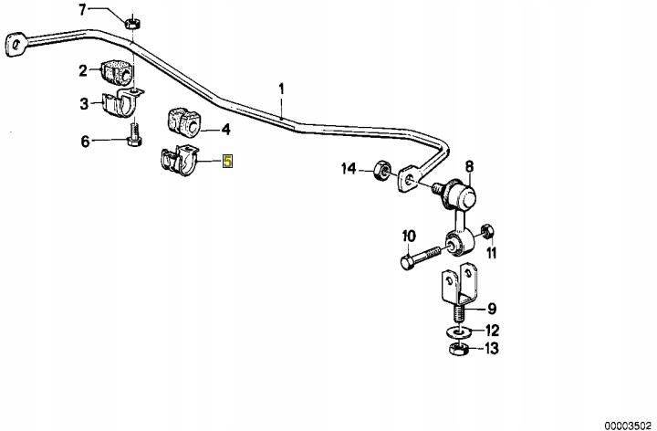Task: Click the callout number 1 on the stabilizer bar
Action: click(x=282, y=89)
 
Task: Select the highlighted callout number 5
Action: click(x=228, y=162)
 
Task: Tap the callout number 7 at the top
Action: click(x=82, y=11)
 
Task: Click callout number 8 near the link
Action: click(x=469, y=166)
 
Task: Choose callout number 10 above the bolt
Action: click(x=409, y=236)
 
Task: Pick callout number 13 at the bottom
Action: click(x=493, y=348)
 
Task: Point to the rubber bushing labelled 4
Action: click(x=186, y=121)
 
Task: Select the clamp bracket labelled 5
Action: click(x=177, y=163)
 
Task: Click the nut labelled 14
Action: click(x=383, y=170)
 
